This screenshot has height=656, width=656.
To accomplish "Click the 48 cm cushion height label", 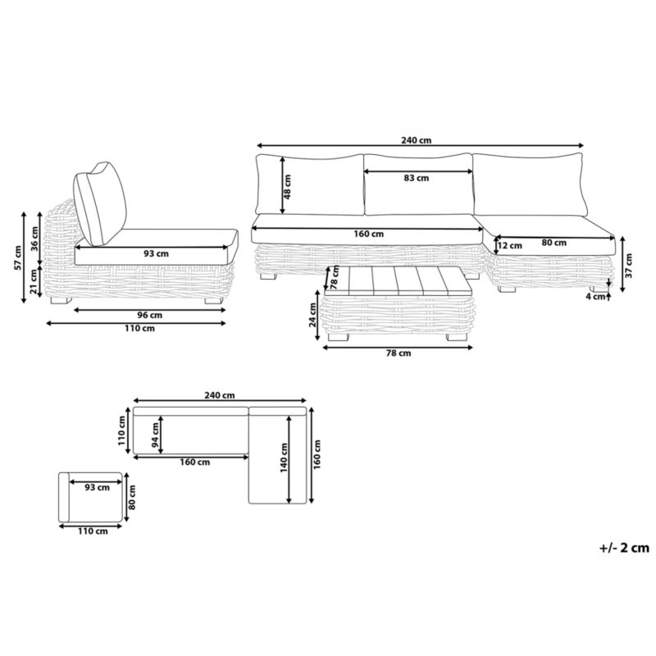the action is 288,187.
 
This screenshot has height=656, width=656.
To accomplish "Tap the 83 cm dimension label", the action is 417,178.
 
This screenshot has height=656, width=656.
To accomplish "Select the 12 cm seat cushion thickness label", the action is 510,245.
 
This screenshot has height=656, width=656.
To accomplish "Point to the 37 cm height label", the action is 629,265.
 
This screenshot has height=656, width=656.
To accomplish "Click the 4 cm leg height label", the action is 595,297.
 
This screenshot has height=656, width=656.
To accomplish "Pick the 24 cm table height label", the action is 313,315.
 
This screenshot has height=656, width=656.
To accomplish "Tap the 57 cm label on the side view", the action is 18,257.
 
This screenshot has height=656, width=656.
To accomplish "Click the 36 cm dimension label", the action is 35,238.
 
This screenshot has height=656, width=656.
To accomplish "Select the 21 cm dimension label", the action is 34,281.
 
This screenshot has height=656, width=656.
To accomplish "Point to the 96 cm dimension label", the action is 150,316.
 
